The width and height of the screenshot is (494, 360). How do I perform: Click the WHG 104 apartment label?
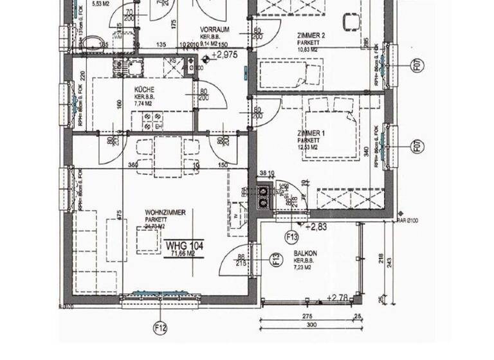click(184, 246)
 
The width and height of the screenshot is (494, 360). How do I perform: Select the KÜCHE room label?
click(145, 89)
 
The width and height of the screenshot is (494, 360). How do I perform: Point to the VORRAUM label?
click(215, 30)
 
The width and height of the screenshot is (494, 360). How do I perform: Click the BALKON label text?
click(304, 253)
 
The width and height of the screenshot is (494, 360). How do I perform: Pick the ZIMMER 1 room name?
click(311, 133)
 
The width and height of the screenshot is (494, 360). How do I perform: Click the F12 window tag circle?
click(160, 328)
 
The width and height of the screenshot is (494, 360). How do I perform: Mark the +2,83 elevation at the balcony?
click(317, 227)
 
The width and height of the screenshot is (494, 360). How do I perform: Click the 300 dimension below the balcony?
click(311, 327)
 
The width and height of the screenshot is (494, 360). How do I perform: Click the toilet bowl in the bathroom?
click(96, 44)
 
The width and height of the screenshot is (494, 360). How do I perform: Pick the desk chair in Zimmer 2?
click(351, 21)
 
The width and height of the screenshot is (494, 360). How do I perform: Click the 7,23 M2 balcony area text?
click(304, 265)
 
